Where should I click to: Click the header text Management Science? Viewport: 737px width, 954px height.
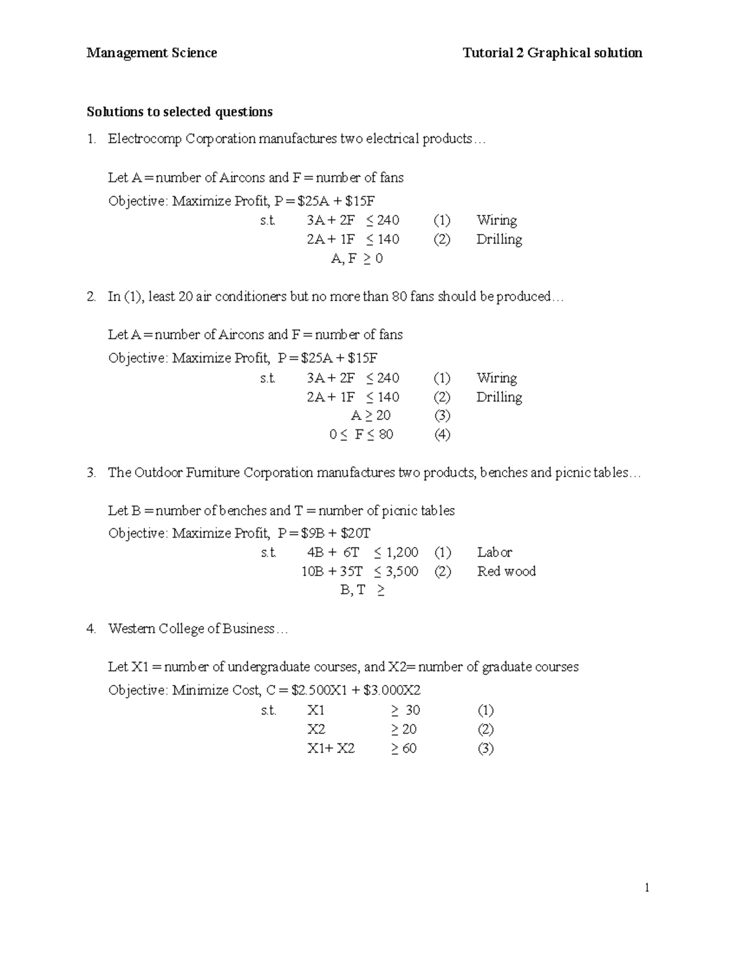point(152,53)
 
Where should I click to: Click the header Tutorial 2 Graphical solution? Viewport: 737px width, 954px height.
point(552,53)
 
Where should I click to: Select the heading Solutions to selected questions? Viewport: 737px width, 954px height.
point(179,112)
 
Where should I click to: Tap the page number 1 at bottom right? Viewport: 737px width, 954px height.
point(647,887)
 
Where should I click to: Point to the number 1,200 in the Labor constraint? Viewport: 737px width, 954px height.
point(402,552)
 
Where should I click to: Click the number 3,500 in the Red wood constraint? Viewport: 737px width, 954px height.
point(402,571)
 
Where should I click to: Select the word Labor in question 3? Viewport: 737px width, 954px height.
point(494,552)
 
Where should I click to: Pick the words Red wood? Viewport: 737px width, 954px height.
point(506,571)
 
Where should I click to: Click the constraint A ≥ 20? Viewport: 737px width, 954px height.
point(370,415)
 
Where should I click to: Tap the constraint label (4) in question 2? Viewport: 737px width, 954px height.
point(442,434)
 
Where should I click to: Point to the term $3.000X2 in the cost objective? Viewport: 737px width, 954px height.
point(392,690)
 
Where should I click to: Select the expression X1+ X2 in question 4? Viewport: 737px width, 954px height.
point(330,748)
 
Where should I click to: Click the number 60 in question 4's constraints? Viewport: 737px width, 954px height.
point(409,748)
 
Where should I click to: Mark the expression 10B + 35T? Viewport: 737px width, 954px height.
point(332,571)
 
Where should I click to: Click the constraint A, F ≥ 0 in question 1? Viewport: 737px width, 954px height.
point(357,259)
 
